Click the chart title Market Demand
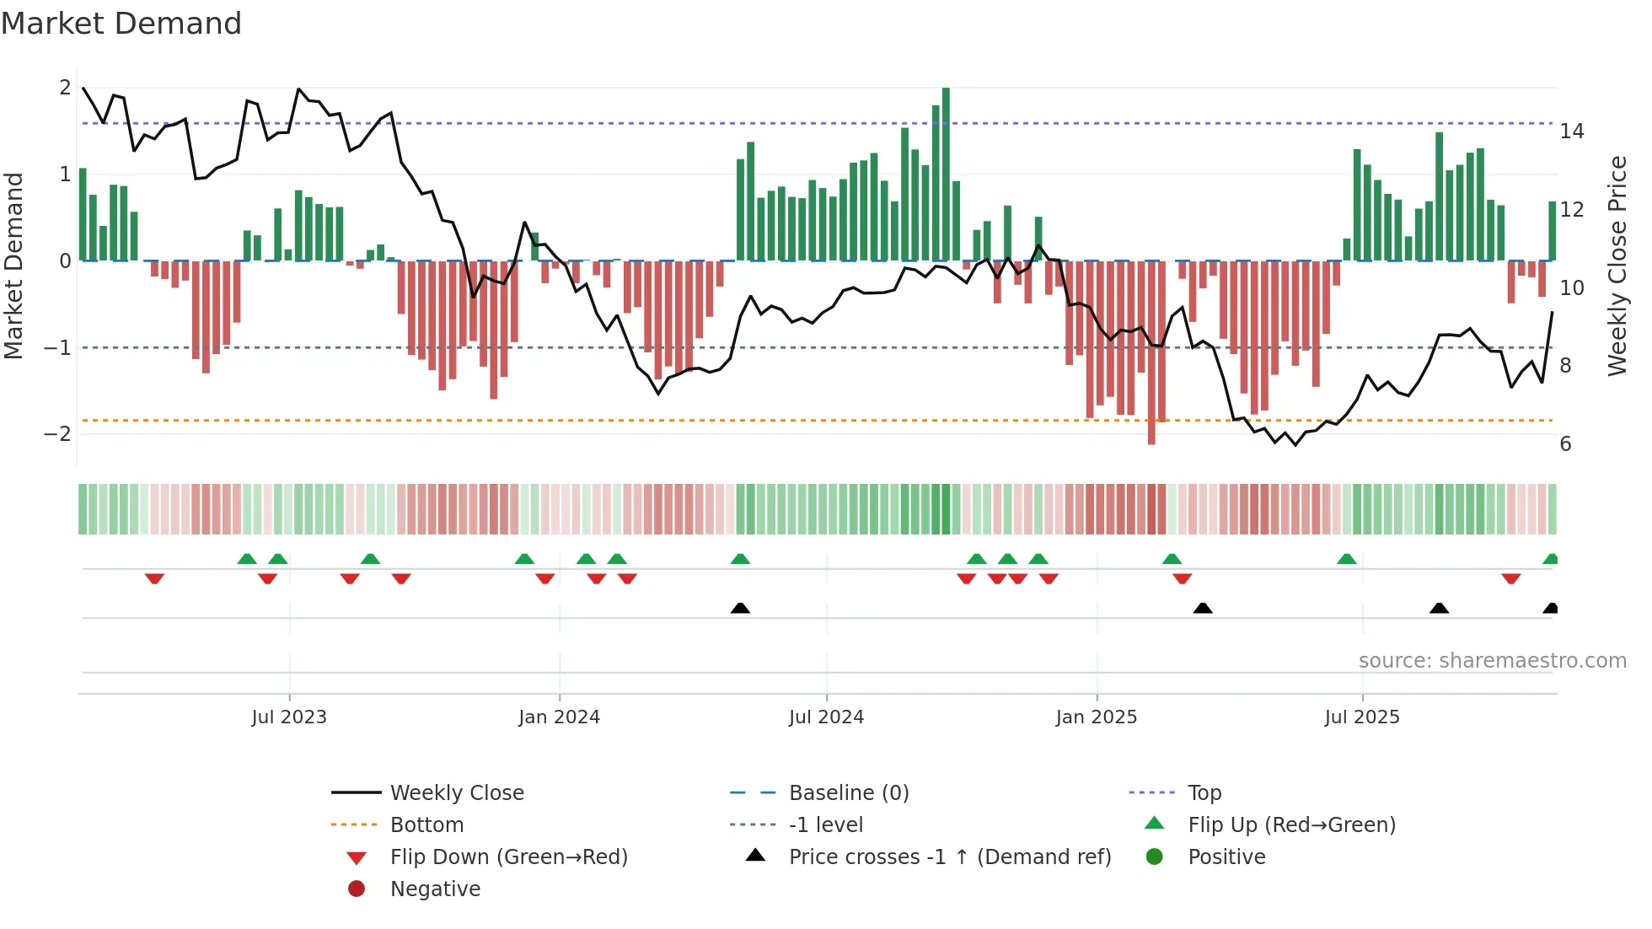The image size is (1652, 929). pyautogui.click(x=121, y=24)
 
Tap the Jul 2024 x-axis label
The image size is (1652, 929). pyautogui.click(x=826, y=717)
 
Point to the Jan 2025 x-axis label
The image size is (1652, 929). pyautogui.click(x=1096, y=717)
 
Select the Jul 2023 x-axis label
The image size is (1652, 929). pyautogui.click(x=288, y=717)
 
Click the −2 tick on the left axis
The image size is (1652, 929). pyautogui.click(x=57, y=434)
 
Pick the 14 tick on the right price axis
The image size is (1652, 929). pyautogui.click(x=1571, y=132)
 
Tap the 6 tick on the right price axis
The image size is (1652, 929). pyautogui.click(x=1565, y=444)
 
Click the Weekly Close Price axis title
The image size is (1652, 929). pyautogui.click(x=1617, y=266)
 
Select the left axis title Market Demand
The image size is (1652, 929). pyautogui.click(x=14, y=266)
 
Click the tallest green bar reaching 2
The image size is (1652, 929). pyautogui.click(x=946, y=173)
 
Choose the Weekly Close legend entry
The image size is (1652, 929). pyautogui.click(x=456, y=793)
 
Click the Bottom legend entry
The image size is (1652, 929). pyautogui.click(x=426, y=825)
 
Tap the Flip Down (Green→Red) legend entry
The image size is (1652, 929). pyautogui.click(x=508, y=857)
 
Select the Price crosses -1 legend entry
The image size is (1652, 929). pyautogui.click(x=949, y=857)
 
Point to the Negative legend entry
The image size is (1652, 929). pyautogui.click(x=435, y=889)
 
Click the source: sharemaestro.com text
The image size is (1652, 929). pyautogui.click(x=1492, y=661)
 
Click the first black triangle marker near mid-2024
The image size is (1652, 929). pyautogui.click(x=740, y=609)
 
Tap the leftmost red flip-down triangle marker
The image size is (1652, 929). pyautogui.click(x=154, y=578)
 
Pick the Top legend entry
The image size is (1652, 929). pyautogui.click(x=1204, y=793)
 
